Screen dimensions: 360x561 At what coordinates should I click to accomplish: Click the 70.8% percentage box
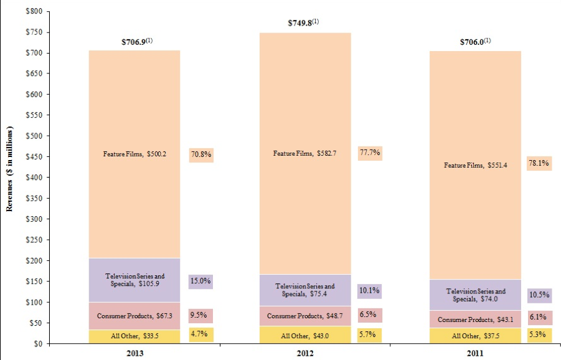(201, 154)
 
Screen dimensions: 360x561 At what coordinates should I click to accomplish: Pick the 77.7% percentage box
(370, 152)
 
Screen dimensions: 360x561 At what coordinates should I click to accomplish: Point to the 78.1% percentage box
(539, 164)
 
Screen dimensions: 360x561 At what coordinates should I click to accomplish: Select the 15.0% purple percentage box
(201, 282)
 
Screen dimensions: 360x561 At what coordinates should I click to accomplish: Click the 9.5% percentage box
(201, 315)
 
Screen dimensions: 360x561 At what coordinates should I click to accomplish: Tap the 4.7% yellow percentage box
(201, 334)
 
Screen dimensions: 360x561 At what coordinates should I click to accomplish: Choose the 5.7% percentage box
(370, 334)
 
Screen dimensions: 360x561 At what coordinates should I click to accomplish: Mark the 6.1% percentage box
(539, 317)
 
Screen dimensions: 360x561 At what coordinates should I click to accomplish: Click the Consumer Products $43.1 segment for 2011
(475, 320)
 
